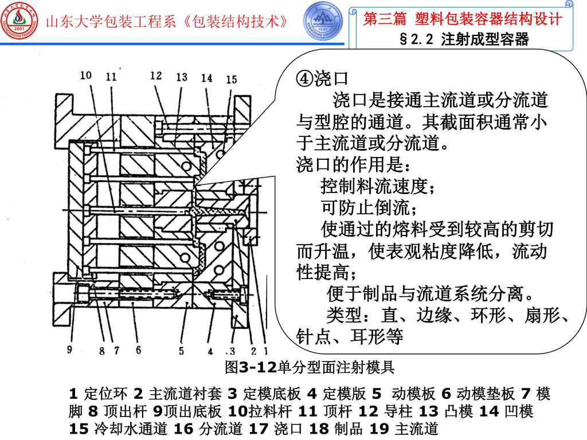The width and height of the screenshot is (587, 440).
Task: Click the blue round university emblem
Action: click(x=322, y=20)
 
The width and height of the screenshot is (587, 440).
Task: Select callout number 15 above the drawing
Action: click(x=231, y=80)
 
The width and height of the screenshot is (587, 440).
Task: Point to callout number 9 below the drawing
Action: click(x=70, y=349)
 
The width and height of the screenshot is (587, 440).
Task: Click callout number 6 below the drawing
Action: click(x=138, y=349)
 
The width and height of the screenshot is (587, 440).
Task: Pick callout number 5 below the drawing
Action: click(x=181, y=351)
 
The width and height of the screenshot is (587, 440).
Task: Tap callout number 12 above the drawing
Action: click(x=156, y=75)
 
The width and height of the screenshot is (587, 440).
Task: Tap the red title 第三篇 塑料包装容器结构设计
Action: click(x=463, y=19)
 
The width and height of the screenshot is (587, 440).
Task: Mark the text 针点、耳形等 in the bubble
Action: click(x=350, y=336)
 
